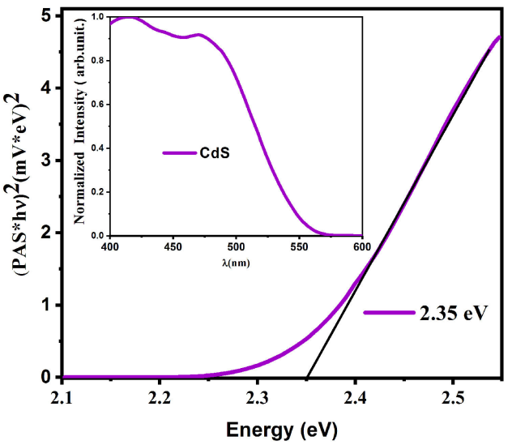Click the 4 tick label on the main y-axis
coord(46,88)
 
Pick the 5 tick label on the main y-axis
coord(46,16)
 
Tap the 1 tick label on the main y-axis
coord(46,306)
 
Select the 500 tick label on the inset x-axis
coord(236,246)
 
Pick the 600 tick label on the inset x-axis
coord(361,246)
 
